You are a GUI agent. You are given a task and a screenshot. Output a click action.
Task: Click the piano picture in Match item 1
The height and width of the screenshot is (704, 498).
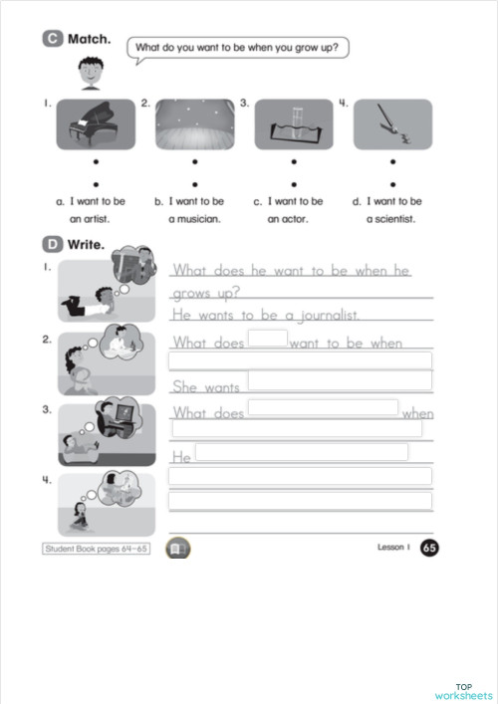96,124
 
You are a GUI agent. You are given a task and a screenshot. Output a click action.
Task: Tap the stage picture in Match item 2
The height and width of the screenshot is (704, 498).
194,124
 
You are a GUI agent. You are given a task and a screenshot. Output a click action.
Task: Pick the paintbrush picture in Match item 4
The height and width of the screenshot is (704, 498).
392,124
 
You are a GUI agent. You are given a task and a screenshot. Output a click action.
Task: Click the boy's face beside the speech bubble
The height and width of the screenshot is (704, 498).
91,70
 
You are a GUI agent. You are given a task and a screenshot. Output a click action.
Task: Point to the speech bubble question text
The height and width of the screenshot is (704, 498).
242,47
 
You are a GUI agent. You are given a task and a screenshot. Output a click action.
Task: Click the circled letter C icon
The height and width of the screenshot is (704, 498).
53,39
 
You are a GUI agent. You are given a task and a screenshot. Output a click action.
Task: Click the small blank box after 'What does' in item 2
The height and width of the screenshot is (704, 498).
267,339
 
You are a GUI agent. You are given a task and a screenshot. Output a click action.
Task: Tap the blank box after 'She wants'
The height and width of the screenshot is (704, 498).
339,380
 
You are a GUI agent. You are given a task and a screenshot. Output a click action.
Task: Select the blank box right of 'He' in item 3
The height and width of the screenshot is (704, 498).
301,452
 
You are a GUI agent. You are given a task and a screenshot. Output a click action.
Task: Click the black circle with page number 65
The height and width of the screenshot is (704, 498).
429,548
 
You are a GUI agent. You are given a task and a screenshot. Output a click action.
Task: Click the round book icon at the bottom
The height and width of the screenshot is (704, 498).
176,549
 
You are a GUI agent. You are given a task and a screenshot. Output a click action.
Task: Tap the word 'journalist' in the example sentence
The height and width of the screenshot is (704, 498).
328,315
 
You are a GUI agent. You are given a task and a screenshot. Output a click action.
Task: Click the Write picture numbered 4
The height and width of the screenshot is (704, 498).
106,503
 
